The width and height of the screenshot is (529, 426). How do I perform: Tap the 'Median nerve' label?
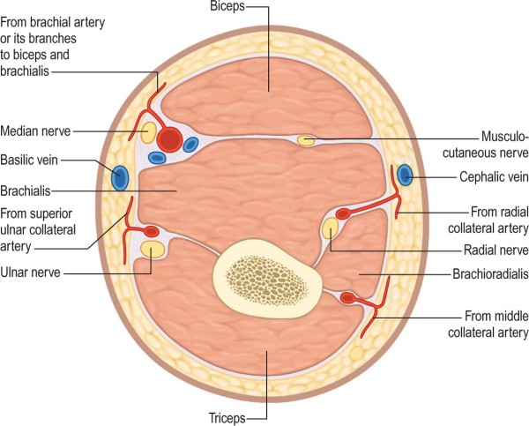[37, 131]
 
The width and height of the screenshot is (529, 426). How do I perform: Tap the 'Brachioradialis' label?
[484, 274]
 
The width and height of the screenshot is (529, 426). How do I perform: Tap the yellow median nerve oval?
[150, 132]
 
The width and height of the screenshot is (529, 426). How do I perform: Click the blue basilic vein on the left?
[119, 177]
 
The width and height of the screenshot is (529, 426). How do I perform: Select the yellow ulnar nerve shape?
[153, 250]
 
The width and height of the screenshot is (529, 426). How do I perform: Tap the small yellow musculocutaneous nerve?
[306, 140]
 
